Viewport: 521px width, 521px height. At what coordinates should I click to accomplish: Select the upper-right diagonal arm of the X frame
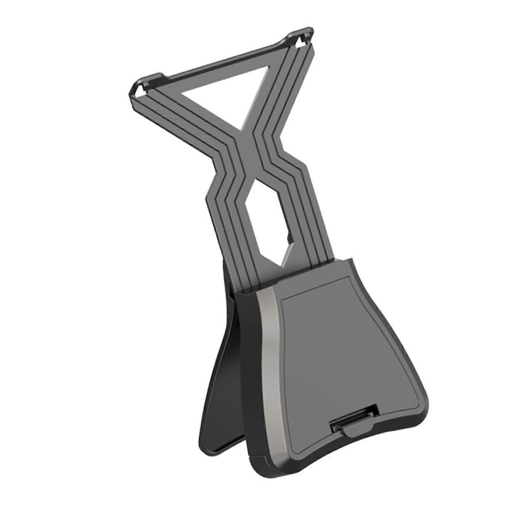[x=287, y=98]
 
